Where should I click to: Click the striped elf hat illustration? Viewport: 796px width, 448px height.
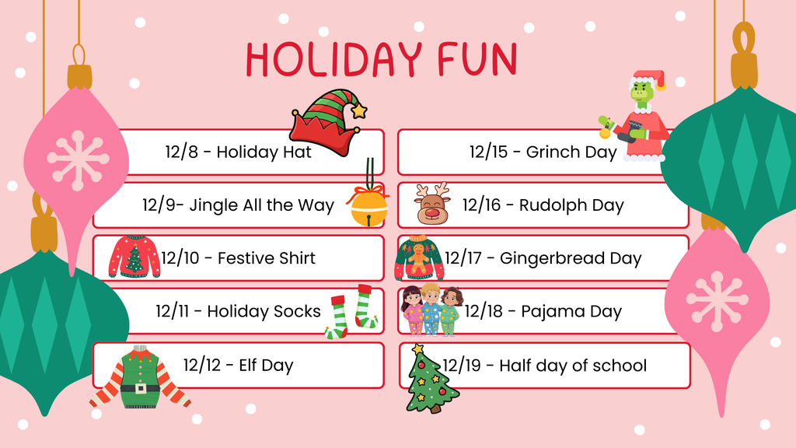[326, 124]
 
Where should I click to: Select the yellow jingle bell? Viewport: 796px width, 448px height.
[368, 207]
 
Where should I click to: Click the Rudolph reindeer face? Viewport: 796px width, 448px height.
[433, 205]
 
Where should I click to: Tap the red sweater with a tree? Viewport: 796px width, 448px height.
[134, 257]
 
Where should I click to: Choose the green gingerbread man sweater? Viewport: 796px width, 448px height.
[419, 258]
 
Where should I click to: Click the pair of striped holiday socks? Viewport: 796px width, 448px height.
[351, 312]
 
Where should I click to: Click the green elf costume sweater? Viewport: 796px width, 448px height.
[140, 378]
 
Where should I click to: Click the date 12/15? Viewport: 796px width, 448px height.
[487, 152]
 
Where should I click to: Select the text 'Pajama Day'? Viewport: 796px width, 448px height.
[571, 312]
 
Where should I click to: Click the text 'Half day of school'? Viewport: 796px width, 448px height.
[573, 366]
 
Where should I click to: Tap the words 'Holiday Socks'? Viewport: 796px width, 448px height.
[264, 312]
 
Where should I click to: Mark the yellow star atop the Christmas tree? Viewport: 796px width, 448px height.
[419, 348]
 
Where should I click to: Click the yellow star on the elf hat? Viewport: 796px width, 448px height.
[358, 110]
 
